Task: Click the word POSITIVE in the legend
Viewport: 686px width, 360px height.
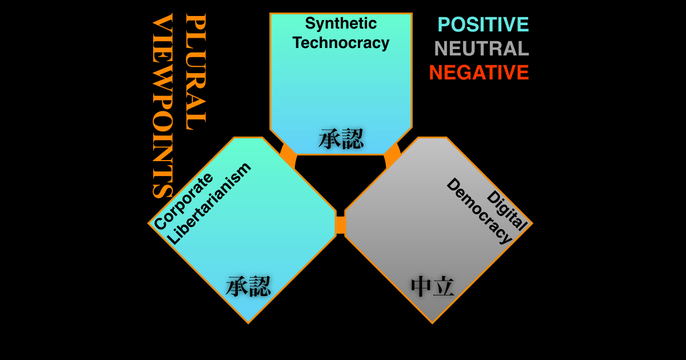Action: click(483, 25)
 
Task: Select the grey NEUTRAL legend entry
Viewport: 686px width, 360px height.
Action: click(481, 49)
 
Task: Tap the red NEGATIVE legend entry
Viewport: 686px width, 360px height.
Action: click(478, 73)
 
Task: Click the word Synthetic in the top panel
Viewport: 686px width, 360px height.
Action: click(341, 23)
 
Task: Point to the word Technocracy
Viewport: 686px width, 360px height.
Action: click(341, 43)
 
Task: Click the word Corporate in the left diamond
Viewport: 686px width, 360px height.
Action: click(183, 201)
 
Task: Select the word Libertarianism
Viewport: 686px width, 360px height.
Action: click(209, 203)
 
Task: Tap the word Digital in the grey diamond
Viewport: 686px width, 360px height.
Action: click(506, 210)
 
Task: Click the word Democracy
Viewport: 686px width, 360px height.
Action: click(479, 211)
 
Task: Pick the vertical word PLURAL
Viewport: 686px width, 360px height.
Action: click(196, 71)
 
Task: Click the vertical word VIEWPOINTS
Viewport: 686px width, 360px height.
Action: click(162, 106)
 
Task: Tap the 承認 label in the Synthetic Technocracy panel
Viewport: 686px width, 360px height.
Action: click(341, 139)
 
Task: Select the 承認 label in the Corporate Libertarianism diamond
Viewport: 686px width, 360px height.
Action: click(248, 286)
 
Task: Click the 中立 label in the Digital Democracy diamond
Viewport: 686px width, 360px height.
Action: click(433, 286)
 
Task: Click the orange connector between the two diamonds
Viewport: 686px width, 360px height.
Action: click(341, 225)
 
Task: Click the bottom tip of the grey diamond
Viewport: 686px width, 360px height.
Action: click(433, 322)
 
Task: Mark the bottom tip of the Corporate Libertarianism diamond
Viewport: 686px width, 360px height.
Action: click(248, 322)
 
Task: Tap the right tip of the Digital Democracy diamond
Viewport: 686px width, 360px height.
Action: click(531, 223)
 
